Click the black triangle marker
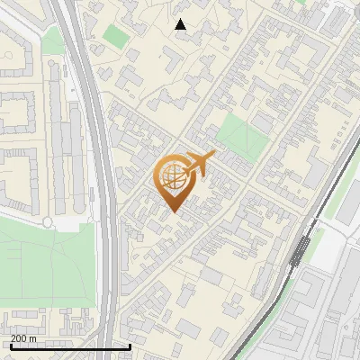(181, 24)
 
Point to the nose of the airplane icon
(214, 157)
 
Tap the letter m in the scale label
(33, 338)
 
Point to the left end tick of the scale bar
(10, 346)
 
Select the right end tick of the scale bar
(130, 346)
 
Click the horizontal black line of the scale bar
(70, 347)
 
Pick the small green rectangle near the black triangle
(115, 37)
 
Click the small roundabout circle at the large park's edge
(48, 221)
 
